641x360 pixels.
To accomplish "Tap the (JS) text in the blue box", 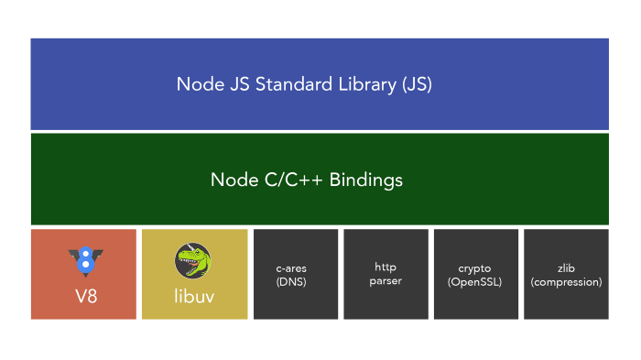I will (413, 85).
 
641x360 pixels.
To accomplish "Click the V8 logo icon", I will (85, 262).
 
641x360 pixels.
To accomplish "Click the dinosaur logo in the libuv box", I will (193, 261).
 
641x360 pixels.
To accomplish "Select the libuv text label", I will (193, 296).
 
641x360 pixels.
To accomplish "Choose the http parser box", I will (386, 274).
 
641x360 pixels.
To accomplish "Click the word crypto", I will (474, 267).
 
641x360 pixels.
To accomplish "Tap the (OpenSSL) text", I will (474, 282).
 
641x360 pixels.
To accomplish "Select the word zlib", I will (566, 267).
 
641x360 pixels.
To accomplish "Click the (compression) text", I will (566, 282).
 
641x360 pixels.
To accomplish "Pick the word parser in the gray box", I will (386, 281).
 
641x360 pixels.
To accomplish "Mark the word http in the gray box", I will (386, 267).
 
